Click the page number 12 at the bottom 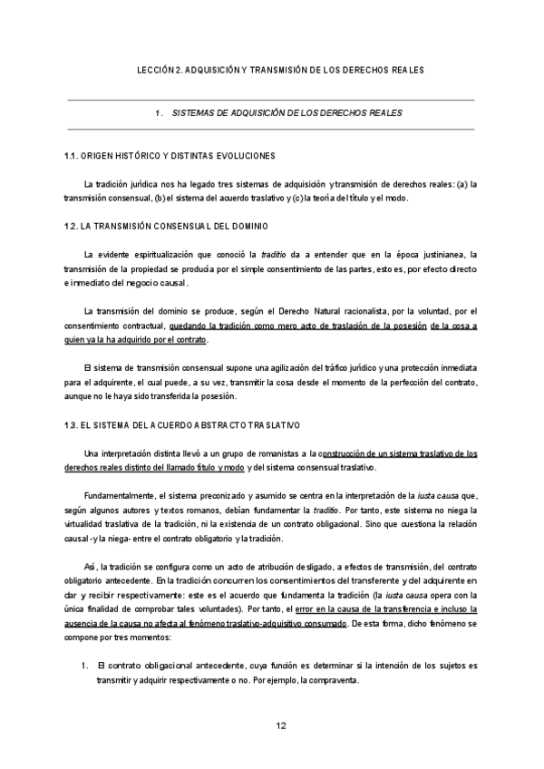280,725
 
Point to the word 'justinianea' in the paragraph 443,253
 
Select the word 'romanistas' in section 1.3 280,453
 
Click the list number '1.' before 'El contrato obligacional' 83,667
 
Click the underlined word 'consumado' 321,626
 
